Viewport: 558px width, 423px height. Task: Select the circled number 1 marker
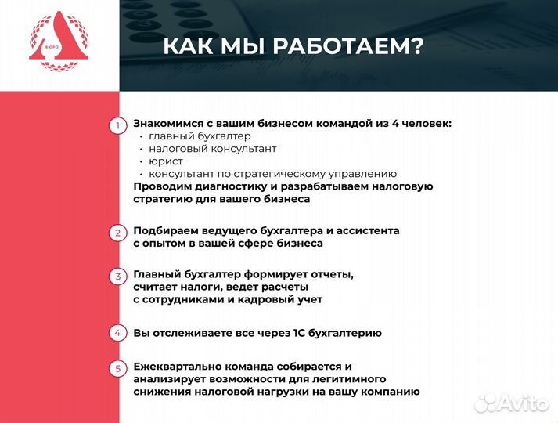pos(117,125)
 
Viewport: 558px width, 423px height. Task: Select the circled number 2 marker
pos(117,233)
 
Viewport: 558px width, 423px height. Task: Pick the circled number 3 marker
pos(117,277)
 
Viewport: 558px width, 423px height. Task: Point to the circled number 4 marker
pos(117,333)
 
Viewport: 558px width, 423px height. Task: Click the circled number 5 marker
pos(117,368)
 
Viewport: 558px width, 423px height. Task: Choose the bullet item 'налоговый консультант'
pos(212,148)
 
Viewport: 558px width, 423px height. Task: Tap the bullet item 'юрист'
pos(166,161)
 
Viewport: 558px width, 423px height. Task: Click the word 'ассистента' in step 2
pos(367,230)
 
